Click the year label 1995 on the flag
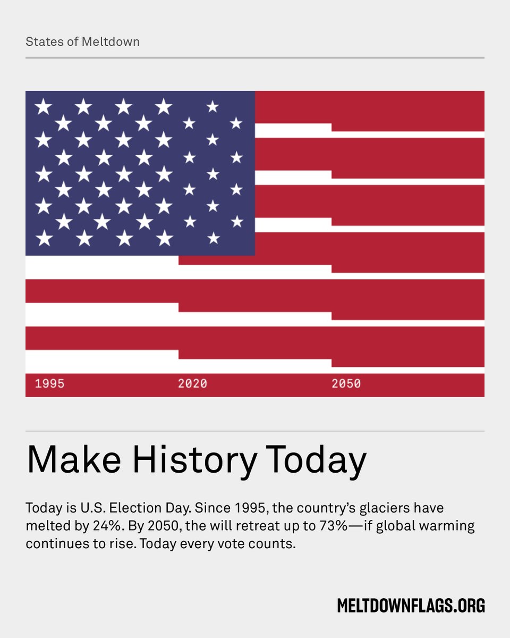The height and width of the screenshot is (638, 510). pos(49,383)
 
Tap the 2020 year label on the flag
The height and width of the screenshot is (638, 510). pos(192,383)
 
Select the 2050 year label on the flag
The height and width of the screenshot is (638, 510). pos(346,383)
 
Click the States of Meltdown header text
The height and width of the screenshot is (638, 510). pos(82,41)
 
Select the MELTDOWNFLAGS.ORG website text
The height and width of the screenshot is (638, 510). pos(411,605)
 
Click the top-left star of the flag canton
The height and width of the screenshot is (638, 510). pos(43,107)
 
